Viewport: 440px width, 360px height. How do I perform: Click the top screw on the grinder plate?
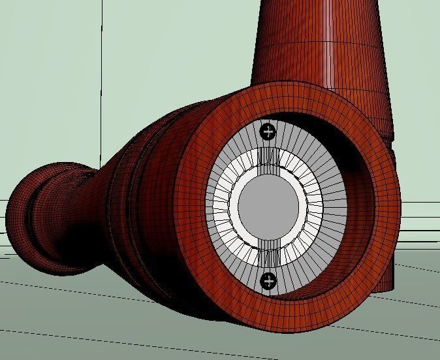point(268,132)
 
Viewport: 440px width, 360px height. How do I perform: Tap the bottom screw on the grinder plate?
point(268,282)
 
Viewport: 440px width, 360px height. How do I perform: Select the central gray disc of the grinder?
point(268,206)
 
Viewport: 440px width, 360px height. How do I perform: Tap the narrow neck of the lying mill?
point(98,196)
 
